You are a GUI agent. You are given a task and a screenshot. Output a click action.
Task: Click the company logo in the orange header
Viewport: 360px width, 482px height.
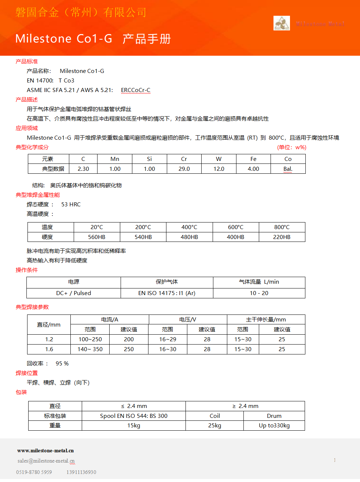(282, 23)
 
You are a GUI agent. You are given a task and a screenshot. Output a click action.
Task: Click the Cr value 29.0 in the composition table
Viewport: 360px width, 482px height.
(184, 169)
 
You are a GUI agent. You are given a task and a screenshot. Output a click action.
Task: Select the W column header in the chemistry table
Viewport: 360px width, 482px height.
(218, 159)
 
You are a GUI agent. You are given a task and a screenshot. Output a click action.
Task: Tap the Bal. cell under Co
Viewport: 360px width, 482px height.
(288, 169)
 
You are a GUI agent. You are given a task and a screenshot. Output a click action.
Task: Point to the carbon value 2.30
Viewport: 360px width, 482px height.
(83, 169)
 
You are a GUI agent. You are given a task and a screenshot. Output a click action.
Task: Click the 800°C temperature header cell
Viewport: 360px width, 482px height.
(282, 227)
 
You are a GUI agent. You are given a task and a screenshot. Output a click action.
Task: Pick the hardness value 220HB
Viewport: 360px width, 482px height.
(282, 237)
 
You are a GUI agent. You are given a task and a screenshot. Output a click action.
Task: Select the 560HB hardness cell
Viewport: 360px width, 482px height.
(97, 237)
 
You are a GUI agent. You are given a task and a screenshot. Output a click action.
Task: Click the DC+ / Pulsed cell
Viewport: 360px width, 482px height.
(74, 293)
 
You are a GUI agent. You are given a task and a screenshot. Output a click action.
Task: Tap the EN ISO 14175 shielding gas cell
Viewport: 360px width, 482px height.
(167, 293)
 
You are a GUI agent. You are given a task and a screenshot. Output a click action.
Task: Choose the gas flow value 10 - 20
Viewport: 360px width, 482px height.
(259, 293)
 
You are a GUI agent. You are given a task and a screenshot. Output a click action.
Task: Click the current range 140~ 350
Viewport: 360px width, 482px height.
(90, 349)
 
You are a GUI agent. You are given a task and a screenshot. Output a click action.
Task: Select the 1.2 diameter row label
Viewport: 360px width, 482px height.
(49, 339)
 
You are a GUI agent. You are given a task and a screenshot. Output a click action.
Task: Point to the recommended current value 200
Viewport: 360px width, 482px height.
(129, 339)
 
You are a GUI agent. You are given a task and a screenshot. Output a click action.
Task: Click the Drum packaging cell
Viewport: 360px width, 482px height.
(274, 416)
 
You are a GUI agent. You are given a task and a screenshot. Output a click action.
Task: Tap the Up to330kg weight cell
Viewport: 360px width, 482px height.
(274, 426)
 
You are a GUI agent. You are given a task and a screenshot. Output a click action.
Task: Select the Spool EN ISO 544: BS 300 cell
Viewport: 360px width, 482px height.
(134, 416)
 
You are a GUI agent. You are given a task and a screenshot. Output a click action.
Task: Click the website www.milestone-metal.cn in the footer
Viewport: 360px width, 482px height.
(45, 450)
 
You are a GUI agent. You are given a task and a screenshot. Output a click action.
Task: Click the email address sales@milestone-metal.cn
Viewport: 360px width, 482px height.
(46, 461)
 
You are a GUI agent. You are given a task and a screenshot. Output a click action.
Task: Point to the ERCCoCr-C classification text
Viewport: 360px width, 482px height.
(136, 90)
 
